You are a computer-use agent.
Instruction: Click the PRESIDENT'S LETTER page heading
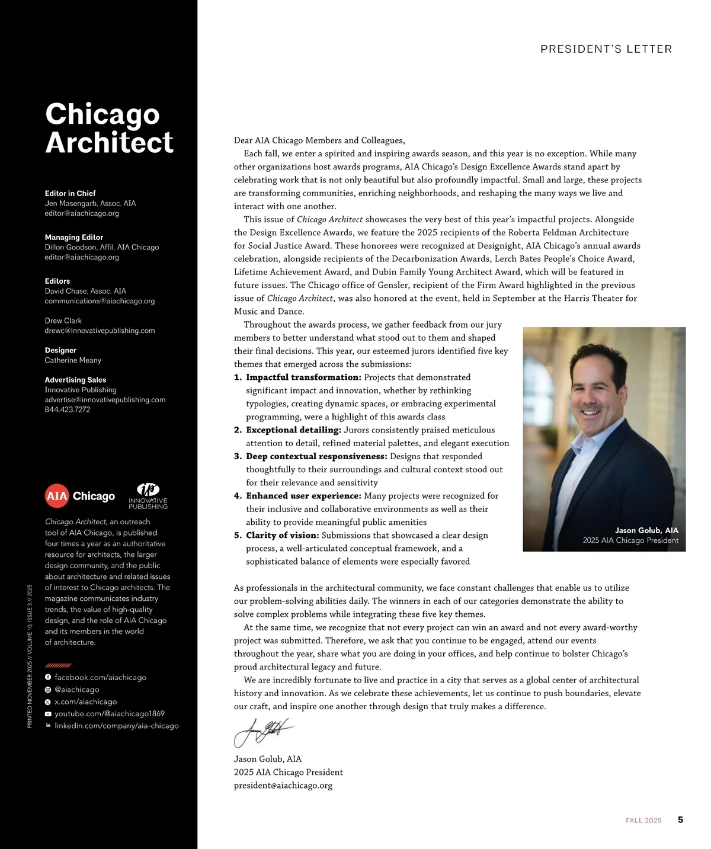pos(606,49)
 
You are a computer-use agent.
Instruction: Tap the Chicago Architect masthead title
pos(109,128)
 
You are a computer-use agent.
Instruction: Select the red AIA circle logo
pos(57,496)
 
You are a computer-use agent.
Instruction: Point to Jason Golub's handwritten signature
pos(263,732)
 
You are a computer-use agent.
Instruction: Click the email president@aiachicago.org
pos(283,786)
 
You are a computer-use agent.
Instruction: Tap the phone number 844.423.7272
pos(68,409)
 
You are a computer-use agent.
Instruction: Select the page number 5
pos(680,820)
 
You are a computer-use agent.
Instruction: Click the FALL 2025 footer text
pos(643,821)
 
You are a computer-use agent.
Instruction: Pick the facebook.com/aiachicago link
pos(100,677)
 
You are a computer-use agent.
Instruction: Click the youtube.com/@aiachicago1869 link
pos(110,714)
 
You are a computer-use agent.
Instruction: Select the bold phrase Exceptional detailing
pos(293,430)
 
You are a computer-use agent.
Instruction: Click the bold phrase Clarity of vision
pos(282,536)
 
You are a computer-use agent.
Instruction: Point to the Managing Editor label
pos(74,237)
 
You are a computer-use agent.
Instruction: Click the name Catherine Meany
pos(73,360)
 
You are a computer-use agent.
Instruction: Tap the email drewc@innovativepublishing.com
pos(100,331)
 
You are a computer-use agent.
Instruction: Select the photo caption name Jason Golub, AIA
pos(646,530)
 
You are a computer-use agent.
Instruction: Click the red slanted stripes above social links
pos(58,665)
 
